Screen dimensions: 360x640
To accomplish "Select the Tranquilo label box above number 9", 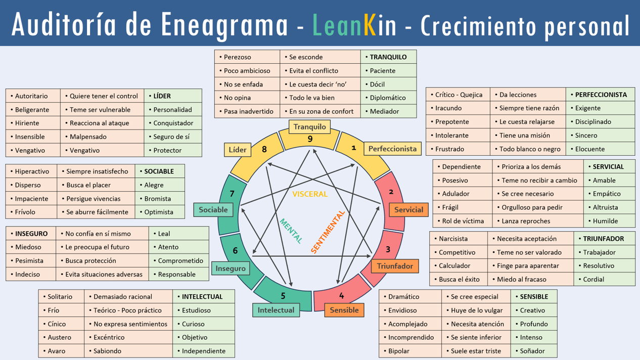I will (x=310, y=126).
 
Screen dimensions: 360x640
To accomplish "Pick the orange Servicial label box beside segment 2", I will (x=408, y=210).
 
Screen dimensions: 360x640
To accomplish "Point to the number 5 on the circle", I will (x=283, y=296).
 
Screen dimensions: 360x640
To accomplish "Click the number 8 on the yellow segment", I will (x=264, y=149).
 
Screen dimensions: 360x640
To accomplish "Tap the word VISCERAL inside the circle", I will (x=310, y=194).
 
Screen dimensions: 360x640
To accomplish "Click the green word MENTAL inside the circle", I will (x=291, y=231).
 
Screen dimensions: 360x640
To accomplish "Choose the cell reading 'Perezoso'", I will (x=247, y=57).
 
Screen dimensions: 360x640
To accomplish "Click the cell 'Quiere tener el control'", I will (x=103, y=96).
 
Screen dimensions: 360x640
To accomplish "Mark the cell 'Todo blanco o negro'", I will (x=528, y=149).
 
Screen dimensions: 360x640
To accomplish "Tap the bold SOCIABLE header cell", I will (x=159, y=171).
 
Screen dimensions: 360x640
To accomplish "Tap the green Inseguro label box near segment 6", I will (x=231, y=268).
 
